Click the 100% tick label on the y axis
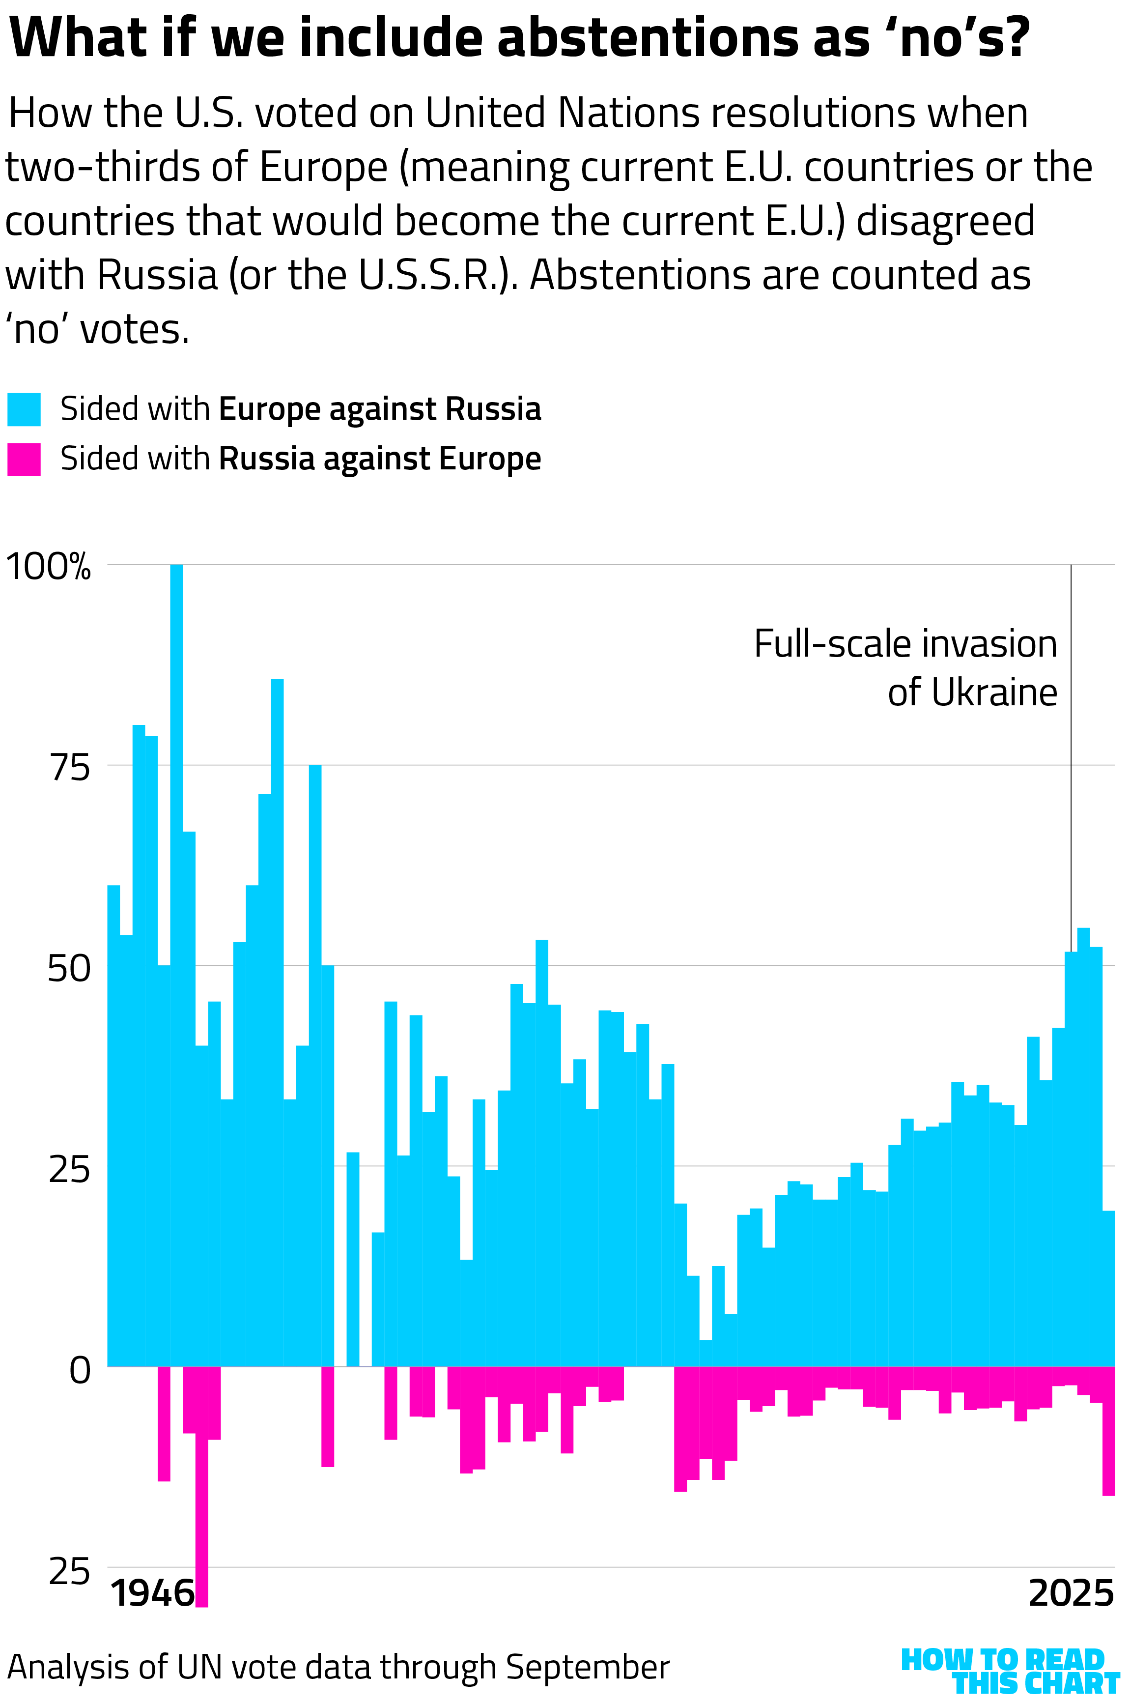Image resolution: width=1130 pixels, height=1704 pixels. pos(48,567)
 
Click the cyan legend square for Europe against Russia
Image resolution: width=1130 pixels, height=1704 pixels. pos(24,409)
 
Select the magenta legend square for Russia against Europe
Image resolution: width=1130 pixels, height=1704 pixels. pos(24,459)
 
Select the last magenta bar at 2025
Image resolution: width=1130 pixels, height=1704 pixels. pos(1108,1431)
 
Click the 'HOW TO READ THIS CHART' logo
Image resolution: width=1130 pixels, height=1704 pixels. pos(1009,1671)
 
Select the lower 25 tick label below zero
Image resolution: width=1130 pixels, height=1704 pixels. pos(70,1571)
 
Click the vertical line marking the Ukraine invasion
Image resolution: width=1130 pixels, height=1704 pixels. pos(1071,757)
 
